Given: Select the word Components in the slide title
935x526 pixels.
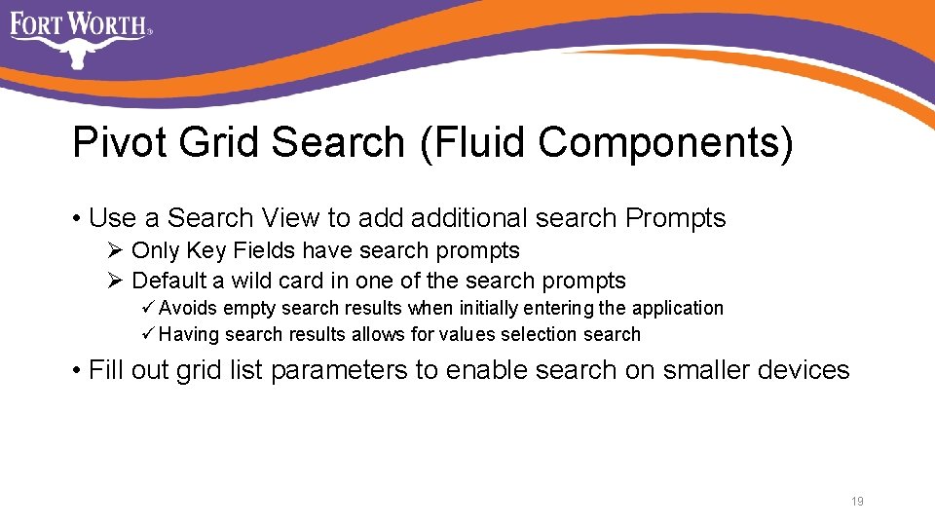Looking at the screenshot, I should click(x=665, y=143).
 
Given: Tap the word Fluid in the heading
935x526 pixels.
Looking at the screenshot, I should click(x=473, y=143).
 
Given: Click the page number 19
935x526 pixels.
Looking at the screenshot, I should click(x=857, y=502).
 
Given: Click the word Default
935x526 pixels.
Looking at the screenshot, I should click(x=169, y=282).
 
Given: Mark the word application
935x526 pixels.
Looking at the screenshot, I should click(x=678, y=309).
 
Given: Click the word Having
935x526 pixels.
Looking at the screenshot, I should click(x=189, y=335).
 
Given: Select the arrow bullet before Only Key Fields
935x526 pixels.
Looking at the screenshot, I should click(x=114, y=251).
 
